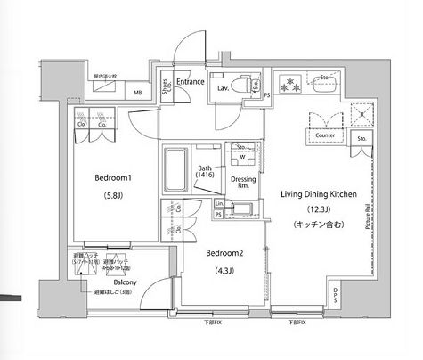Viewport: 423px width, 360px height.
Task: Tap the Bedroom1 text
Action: click(113, 177)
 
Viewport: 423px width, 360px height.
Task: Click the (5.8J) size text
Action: click(113, 196)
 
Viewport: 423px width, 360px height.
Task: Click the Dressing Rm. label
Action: click(244, 183)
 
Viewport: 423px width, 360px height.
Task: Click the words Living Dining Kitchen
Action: click(317, 193)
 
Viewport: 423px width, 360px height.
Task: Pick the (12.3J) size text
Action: click(317, 210)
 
